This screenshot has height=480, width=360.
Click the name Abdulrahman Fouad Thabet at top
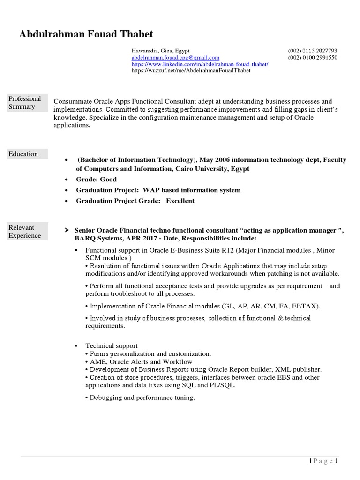click(x=86, y=34)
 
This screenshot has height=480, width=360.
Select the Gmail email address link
click(x=175, y=58)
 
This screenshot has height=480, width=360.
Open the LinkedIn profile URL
click(x=200, y=64)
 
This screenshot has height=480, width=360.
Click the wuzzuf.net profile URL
click(x=191, y=71)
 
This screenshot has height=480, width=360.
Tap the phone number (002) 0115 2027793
click(x=312, y=51)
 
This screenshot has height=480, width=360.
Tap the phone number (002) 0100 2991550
click(x=312, y=58)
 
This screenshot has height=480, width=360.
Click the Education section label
click(x=23, y=154)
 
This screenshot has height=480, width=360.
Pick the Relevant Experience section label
click(x=25, y=232)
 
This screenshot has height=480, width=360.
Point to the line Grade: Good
click(x=96, y=180)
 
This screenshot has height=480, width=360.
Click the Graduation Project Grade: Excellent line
click(x=135, y=201)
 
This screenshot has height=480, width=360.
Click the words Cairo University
click(x=205, y=169)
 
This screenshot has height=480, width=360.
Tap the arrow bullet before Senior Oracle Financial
click(x=67, y=231)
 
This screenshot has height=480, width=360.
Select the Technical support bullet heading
click(x=111, y=346)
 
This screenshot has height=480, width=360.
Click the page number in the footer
click(x=336, y=461)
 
